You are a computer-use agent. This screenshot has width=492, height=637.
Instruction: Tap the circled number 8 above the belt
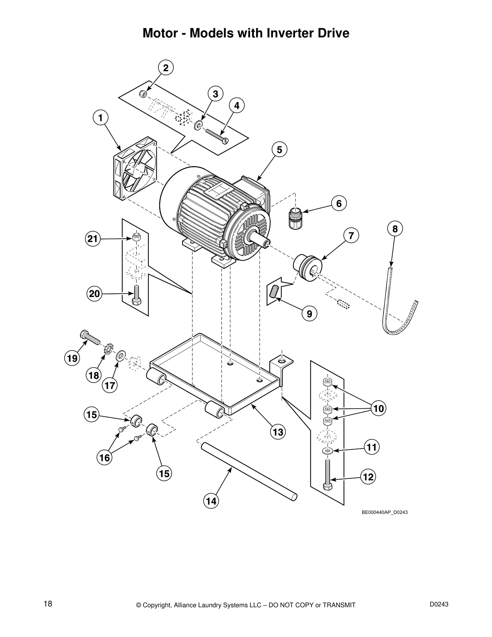pyautogui.click(x=395, y=229)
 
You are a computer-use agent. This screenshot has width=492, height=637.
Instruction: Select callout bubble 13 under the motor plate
pyautogui.click(x=277, y=432)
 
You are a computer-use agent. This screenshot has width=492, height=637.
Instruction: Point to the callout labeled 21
pyautogui.click(x=93, y=239)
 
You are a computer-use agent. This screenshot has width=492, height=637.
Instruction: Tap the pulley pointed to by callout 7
pyautogui.click(x=308, y=269)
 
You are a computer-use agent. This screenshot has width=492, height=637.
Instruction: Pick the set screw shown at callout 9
pyautogui.click(x=275, y=291)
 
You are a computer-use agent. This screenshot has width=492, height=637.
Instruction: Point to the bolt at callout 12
pyautogui.click(x=328, y=475)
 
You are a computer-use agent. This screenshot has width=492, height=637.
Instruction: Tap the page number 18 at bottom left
pyautogui.click(x=48, y=604)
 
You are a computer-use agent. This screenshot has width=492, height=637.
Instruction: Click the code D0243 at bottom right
pyautogui.click(x=439, y=604)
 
